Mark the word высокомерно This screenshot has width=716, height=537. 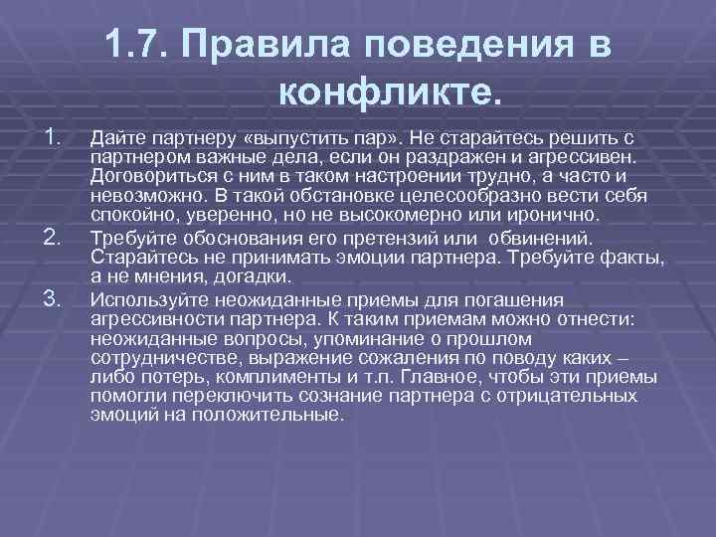click(x=424, y=215)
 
